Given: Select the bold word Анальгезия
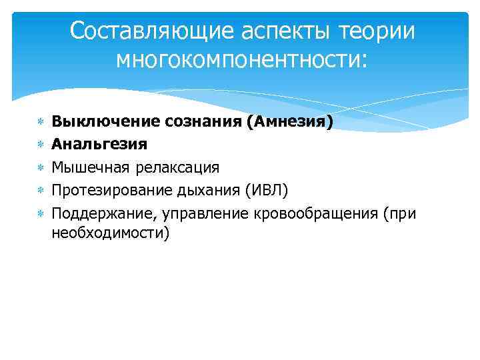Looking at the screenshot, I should tap(99, 144).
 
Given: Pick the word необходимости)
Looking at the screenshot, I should tap(111, 233).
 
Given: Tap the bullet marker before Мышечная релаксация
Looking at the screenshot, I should tap(40, 167).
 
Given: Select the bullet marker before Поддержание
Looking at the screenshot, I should tap(40, 214).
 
